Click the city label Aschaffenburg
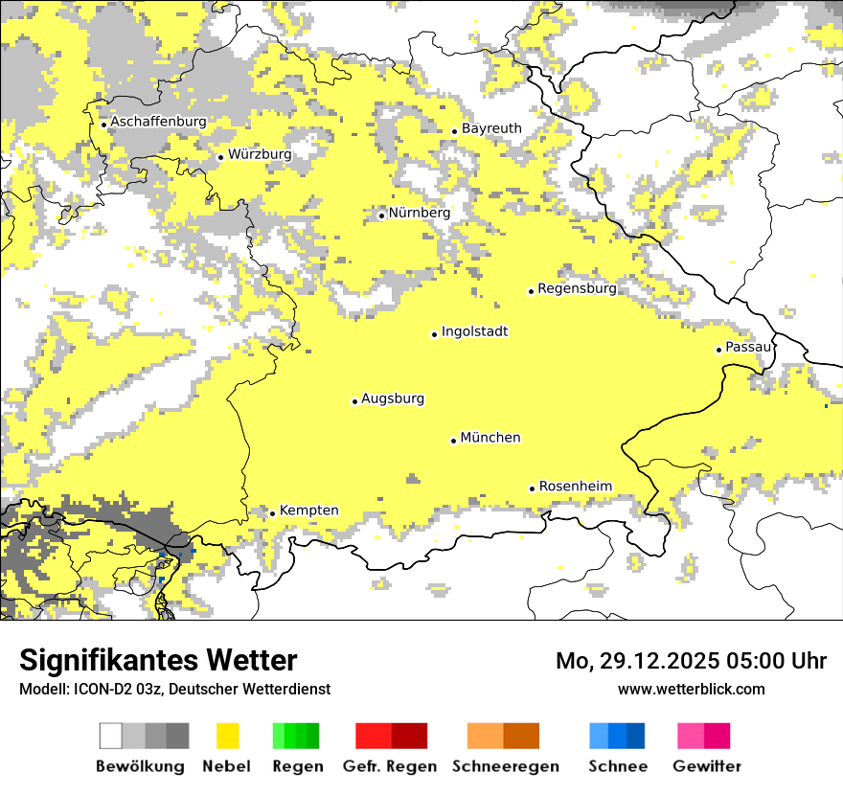pos(158,122)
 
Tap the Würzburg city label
pos(260,154)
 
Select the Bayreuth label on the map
pos(491,128)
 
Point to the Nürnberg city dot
pos(381,216)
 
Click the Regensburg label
pos(577,288)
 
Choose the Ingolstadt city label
pos(474,331)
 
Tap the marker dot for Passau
pos(718,350)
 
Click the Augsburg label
pos(393,398)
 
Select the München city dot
pos(453,441)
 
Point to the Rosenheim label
pos(575,486)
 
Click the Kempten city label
pos(309,511)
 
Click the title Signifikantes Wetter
pos(158,660)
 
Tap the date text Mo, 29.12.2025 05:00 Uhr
pos(691,661)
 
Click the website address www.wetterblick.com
pos(691,689)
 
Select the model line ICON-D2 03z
pos(174,689)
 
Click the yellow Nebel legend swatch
pos(228,736)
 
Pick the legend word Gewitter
pos(707,766)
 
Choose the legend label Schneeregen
pos(506,766)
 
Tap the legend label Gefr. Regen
pos(390,766)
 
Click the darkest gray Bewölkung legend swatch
pos(178,736)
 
